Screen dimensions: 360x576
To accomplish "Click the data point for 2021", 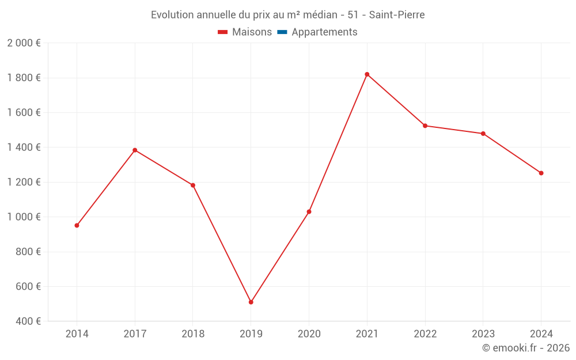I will [x=367, y=74].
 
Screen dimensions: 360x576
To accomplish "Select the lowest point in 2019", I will [x=251, y=302].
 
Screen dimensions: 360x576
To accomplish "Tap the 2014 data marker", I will [x=77, y=225].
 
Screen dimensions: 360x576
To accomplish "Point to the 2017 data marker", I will [x=135, y=150].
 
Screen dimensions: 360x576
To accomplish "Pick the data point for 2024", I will [x=541, y=173].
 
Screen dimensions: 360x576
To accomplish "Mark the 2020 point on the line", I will [x=309, y=212].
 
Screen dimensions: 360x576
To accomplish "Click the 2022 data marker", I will [x=425, y=126].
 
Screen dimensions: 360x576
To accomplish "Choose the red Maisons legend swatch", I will [x=223, y=32].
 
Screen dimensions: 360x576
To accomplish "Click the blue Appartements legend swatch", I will [x=282, y=32].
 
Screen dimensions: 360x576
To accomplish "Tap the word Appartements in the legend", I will [x=324, y=32].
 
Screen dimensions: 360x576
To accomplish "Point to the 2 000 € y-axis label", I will [x=24, y=43].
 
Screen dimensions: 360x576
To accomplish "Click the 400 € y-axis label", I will [x=28, y=321].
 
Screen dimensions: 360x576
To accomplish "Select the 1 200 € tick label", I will [x=24, y=182].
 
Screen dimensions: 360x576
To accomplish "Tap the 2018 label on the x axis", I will [x=193, y=334].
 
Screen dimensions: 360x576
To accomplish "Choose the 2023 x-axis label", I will [x=483, y=334].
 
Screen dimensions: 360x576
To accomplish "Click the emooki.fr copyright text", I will [x=526, y=348].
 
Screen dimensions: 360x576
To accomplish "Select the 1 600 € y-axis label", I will [x=24, y=113].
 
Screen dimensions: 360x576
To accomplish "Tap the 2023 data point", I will [x=483, y=134].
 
